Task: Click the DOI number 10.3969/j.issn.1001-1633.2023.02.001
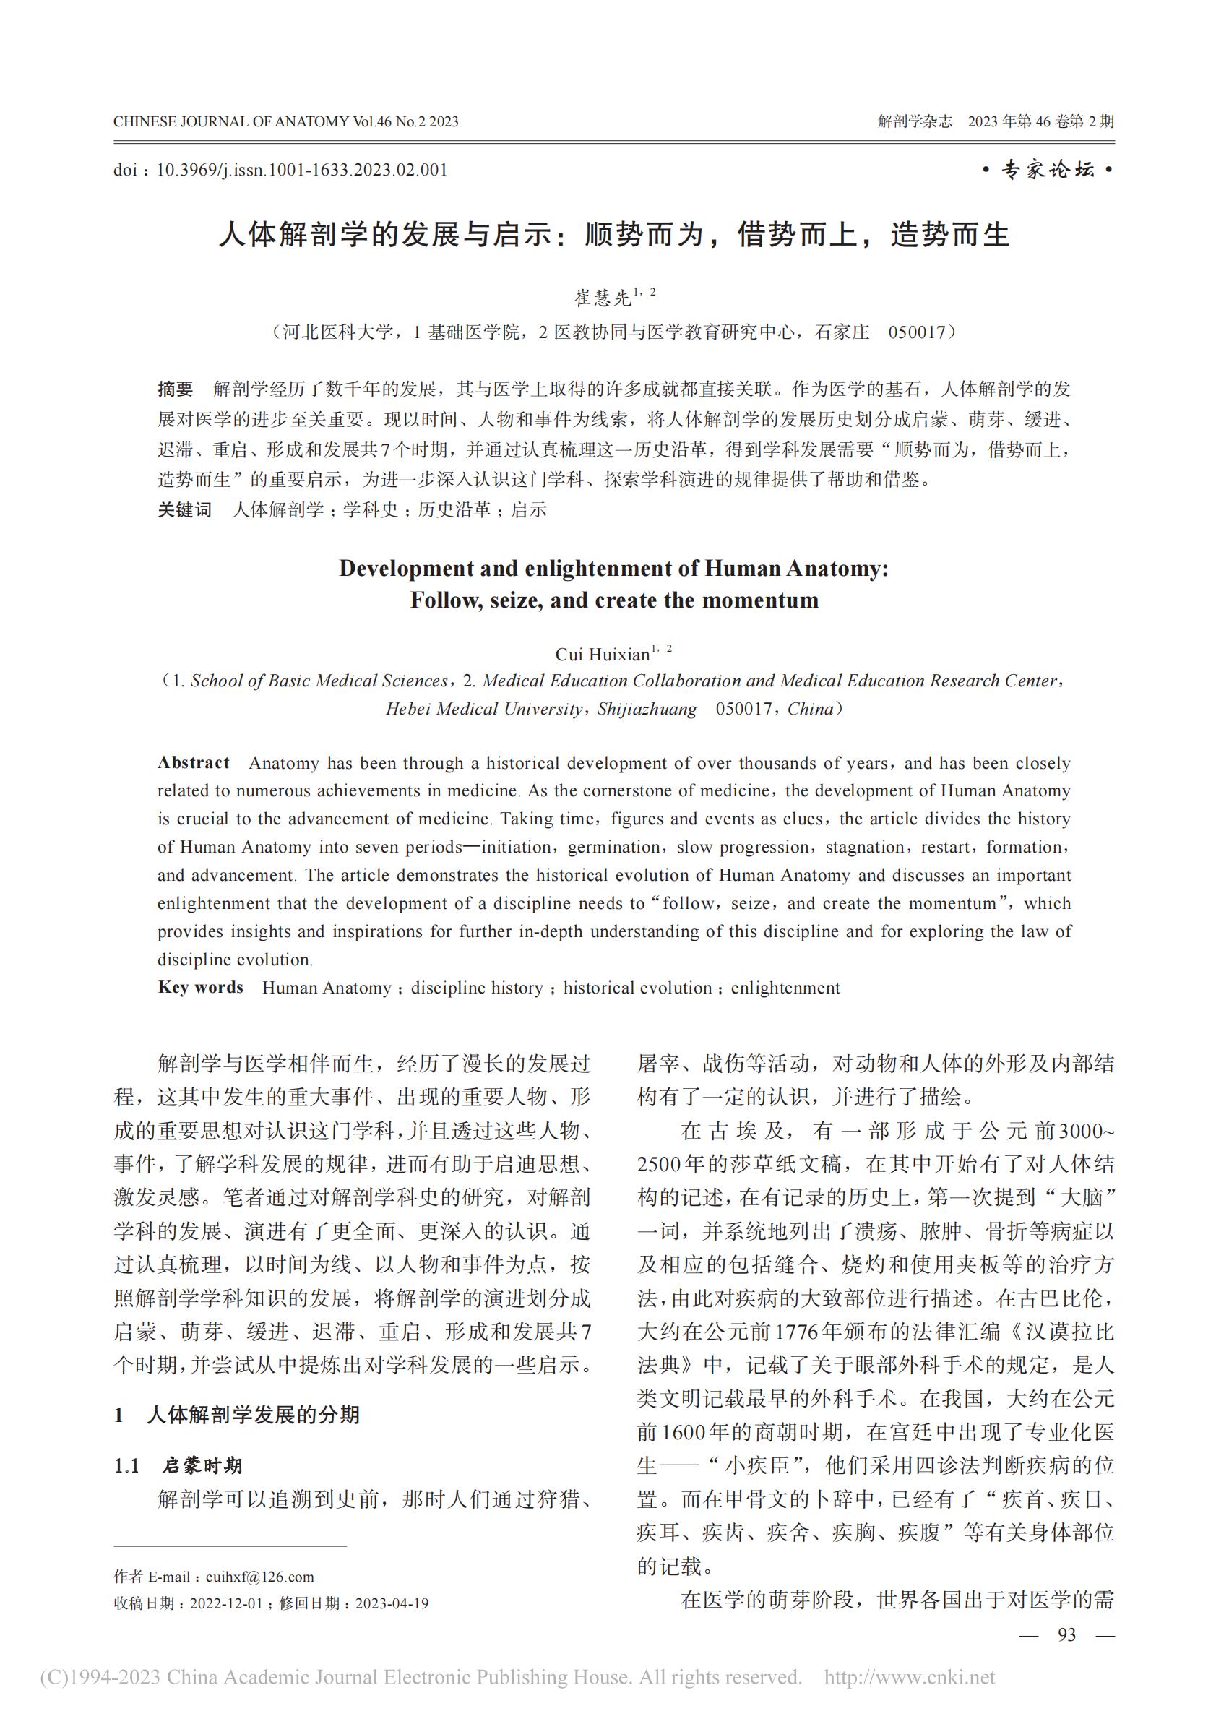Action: pos(301,171)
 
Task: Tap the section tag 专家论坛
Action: pos(1048,171)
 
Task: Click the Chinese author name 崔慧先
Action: pos(603,298)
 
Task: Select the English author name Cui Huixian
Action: pos(603,654)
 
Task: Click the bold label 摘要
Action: pos(176,389)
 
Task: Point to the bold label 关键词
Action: pos(185,510)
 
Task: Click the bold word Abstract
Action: pos(193,763)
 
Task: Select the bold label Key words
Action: pos(201,988)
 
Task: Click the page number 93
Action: pos(1066,1635)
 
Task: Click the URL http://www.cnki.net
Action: pos(909,1678)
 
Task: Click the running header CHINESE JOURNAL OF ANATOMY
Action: pos(230,122)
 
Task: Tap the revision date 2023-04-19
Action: pos(392,1603)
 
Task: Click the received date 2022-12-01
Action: pos(225,1603)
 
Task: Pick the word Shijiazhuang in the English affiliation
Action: pos(647,709)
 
